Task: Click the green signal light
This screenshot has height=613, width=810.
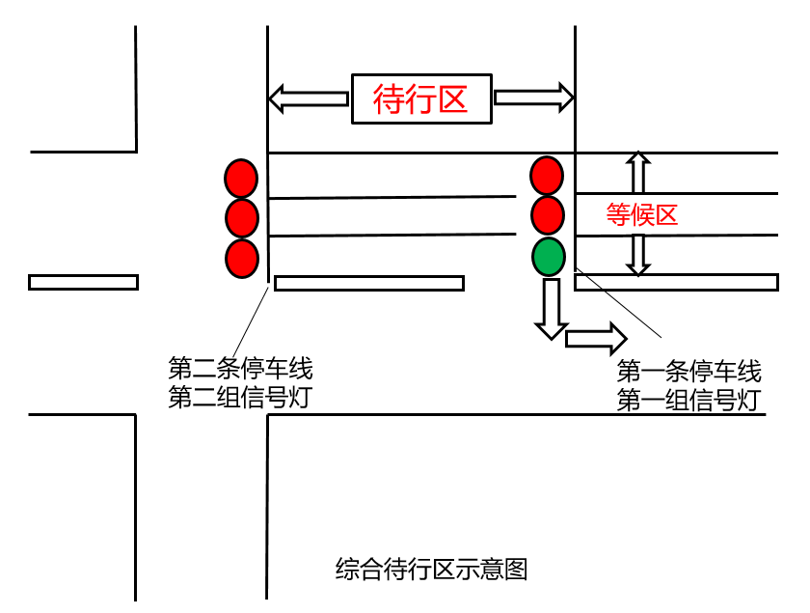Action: [x=547, y=257]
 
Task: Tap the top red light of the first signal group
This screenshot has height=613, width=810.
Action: [x=547, y=175]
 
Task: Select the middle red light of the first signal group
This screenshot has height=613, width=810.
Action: [x=547, y=214]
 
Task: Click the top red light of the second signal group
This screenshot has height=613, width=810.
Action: [x=242, y=178]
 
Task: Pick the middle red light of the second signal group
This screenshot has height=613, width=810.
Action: [x=242, y=217]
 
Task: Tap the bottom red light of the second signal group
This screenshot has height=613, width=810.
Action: [x=242, y=258]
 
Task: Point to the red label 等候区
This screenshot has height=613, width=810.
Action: [x=641, y=215]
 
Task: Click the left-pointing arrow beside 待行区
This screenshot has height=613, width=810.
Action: [x=307, y=98]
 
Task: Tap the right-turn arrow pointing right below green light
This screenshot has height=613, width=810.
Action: [x=596, y=338]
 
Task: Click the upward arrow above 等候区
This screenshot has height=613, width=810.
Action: [x=636, y=174]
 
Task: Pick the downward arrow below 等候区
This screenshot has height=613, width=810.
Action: [x=636, y=254]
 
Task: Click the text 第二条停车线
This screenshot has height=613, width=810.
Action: [x=240, y=368]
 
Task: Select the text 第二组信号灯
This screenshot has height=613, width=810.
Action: [x=240, y=397]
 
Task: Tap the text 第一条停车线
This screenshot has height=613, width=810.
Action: [x=688, y=372]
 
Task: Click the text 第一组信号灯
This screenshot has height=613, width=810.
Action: [x=688, y=401]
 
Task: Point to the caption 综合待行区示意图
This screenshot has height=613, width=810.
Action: [x=431, y=569]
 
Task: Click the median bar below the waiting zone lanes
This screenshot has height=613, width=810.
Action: [x=369, y=283]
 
